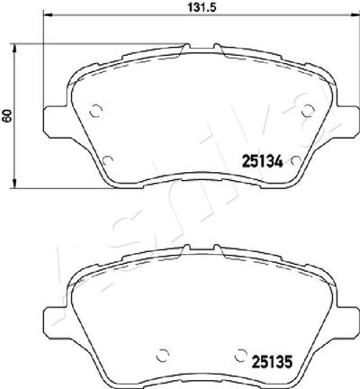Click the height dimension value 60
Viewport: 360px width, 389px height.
(x=7, y=115)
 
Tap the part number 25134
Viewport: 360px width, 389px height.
(x=262, y=162)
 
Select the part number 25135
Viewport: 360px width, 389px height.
(x=272, y=362)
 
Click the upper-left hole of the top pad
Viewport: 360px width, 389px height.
(x=96, y=111)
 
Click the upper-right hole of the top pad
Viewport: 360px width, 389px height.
(x=308, y=111)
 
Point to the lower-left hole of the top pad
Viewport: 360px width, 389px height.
(x=107, y=161)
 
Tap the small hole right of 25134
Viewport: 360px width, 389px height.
(x=296, y=161)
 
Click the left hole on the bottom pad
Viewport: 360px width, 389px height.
(x=163, y=356)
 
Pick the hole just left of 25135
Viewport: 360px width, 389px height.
(x=240, y=356)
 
